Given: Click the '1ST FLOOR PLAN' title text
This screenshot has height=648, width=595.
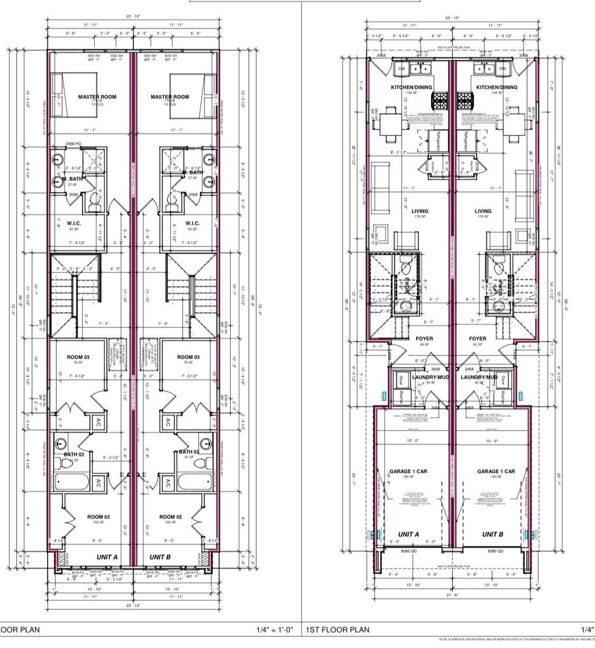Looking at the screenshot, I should [x=338, y=629].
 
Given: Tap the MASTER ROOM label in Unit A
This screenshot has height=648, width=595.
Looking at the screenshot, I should [x=97, y=96].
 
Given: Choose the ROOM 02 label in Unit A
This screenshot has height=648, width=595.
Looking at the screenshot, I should [x=99, y=517].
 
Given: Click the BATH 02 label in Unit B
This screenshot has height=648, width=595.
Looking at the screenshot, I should [x=189, y=452].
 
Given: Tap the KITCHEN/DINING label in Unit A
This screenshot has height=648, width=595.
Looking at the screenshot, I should [x=411, y=87].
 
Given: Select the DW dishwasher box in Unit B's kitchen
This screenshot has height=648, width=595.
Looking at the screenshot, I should [x=503, y=69].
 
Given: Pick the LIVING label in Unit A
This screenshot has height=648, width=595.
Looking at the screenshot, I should [x=419, y=211].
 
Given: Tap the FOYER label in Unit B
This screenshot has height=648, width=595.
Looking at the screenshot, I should [x=478, y=338].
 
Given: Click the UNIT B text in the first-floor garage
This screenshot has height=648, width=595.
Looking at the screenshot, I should [x=492, y=534].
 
